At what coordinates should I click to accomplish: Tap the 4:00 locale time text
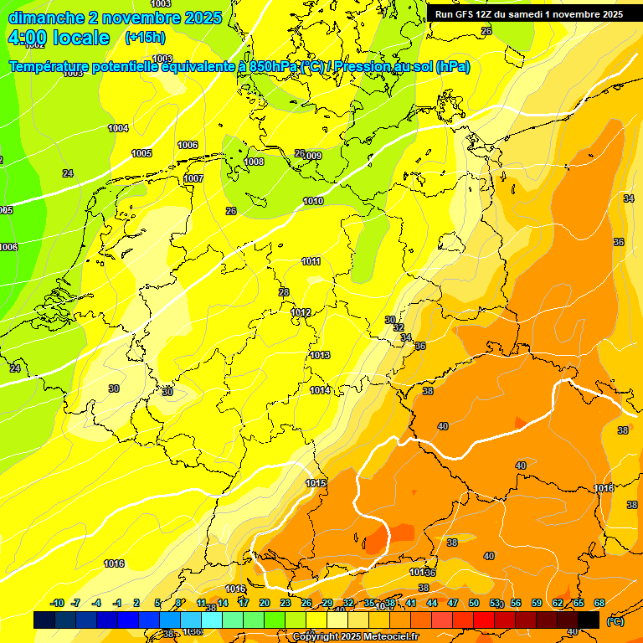[59, 38]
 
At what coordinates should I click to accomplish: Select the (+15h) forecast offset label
[145, 38]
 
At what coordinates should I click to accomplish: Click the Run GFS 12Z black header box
[528, 14]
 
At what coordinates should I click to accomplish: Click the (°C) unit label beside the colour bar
[615, 621]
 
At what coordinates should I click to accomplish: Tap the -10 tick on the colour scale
[57, 603]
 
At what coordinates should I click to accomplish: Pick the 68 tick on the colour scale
[599, 603]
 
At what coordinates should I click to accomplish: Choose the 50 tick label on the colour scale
[474, 603]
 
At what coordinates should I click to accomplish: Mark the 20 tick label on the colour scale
[265, 603]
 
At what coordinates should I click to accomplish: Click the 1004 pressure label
[118, 128]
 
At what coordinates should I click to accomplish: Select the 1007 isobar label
[193, 178]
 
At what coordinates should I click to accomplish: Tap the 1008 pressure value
[254, 162]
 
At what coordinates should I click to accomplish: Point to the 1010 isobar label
[313, 202]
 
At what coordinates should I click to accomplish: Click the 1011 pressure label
[311, 262]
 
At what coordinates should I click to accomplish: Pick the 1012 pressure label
[301, 313]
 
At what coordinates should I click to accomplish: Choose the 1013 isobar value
[320, 356]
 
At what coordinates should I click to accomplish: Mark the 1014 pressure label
[320, 391]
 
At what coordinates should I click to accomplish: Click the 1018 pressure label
[604, 488]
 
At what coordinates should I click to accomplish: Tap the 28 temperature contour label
[284, 292]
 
